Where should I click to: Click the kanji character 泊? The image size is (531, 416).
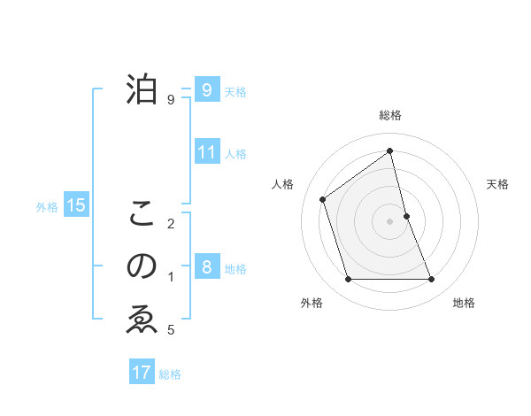coord(142,89)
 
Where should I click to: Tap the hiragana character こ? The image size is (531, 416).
coord(142,213)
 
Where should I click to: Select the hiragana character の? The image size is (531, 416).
coord(142,266)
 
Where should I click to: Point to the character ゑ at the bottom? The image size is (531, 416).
coord(142,320)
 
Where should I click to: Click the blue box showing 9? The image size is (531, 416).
coord(207,89)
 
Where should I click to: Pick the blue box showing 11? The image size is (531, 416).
coord(207,152)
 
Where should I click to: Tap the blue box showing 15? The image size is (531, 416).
coord(76,205)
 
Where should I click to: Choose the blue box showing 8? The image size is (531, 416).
coord(207,267)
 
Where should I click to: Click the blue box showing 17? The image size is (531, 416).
coord(142,372)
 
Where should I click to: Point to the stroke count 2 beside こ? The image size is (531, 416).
coord(171,223)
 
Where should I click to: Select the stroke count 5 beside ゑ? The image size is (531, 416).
coord(171,330)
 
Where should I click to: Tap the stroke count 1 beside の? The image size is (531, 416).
coord(171,277)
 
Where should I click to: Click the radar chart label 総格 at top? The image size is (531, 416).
coord(390,115)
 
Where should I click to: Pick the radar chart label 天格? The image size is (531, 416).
coord(498,184)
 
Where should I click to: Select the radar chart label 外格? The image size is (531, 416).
coord(312,303)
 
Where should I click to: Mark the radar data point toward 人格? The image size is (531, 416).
coord(323,199)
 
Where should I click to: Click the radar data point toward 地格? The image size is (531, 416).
coord(432,280)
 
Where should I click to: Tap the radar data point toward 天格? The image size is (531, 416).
coord(406,215)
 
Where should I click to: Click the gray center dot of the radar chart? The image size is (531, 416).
coord(390,220)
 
